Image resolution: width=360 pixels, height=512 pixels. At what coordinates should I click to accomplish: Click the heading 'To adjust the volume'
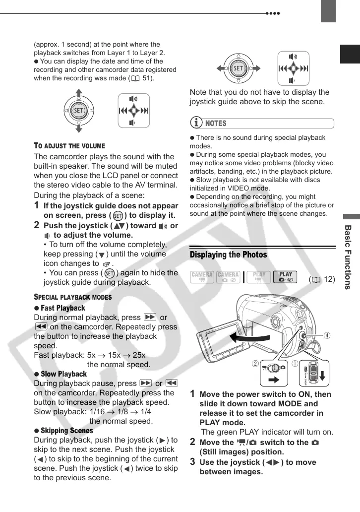click(69, 146)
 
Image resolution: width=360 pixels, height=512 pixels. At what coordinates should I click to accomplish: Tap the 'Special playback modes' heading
click(72, 297)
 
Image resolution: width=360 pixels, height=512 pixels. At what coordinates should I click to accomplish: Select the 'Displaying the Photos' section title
click(228, 255)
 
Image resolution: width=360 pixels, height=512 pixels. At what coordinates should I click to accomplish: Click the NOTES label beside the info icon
click(216, 123)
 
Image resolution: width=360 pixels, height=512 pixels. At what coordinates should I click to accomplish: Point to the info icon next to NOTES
click(197, 123)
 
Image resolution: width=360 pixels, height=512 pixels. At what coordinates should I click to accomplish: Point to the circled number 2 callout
click(255, 363)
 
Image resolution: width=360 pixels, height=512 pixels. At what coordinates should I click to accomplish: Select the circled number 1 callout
click(295, 363)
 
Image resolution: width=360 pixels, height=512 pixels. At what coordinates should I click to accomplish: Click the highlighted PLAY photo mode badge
click(286, 277)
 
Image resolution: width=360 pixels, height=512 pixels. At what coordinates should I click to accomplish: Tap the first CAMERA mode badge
click(202, 277)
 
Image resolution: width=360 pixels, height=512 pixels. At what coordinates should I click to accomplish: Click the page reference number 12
click(329, 279)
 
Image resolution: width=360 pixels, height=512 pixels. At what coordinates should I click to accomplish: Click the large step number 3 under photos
click(193, 461)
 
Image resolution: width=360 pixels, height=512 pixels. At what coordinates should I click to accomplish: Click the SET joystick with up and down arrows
click(78, 110)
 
